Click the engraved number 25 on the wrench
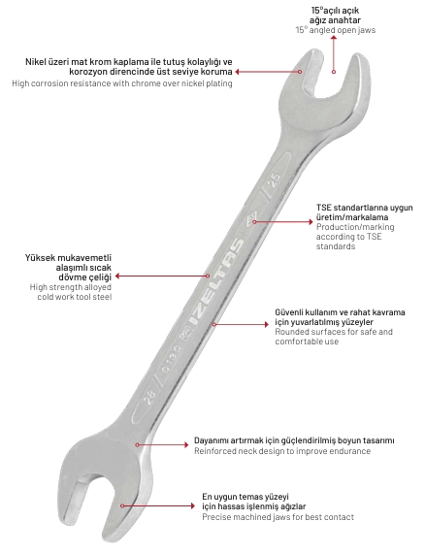[276, 180]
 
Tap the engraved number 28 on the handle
[150, 397]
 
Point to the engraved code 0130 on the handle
[171, 359]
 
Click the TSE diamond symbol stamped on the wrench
[253, 219]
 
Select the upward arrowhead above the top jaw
[334, 38]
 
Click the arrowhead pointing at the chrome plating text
[238, 72]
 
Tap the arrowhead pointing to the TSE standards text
[311, 222]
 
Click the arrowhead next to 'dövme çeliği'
[117, 276]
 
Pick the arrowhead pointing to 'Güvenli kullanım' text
[267, 324]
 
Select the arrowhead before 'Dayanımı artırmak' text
[186, 444]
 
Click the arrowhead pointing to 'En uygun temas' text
[192, 505]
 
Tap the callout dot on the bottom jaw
[122, 505]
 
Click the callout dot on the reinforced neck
[137, 444]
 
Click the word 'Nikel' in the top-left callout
[36, 62]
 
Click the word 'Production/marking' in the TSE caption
[355, 227]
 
